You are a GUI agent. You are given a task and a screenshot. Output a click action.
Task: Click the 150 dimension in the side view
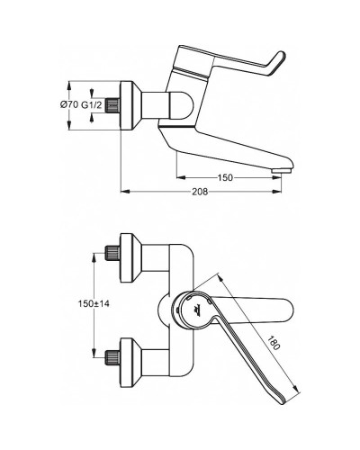(x=225, y=178)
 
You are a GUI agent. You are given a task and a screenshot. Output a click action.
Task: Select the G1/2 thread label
(x=93, y=106)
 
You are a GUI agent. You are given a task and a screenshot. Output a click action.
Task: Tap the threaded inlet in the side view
(x=113, y=106)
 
